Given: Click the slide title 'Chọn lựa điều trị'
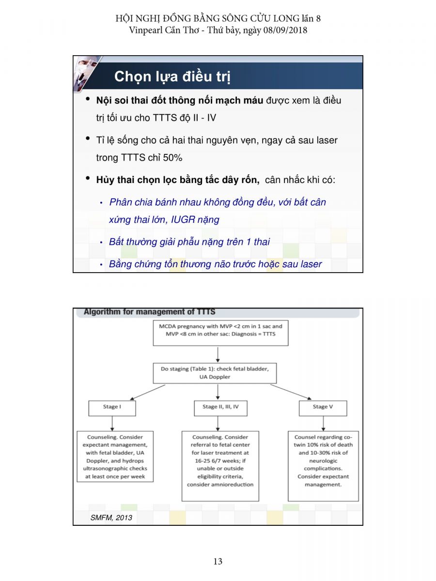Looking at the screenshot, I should [x=172, y=76].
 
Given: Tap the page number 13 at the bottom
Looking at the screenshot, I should [x=218, y=561].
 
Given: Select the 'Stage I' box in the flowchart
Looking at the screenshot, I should [x=112, y=407].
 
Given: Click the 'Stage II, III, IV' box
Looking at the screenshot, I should [x=220, y=407].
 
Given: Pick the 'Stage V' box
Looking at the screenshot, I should [x=323, y=407].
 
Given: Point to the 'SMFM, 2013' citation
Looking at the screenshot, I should [x=111, y=518].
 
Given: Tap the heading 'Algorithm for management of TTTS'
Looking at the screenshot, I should [x=149, y=312].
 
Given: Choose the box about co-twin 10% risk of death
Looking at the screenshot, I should [x=323, y=465].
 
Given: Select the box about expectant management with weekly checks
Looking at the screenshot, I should [x=115, y=457].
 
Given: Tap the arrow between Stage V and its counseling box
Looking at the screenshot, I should [x=323, y=423].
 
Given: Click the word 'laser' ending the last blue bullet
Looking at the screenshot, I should [x=310, y=264].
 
